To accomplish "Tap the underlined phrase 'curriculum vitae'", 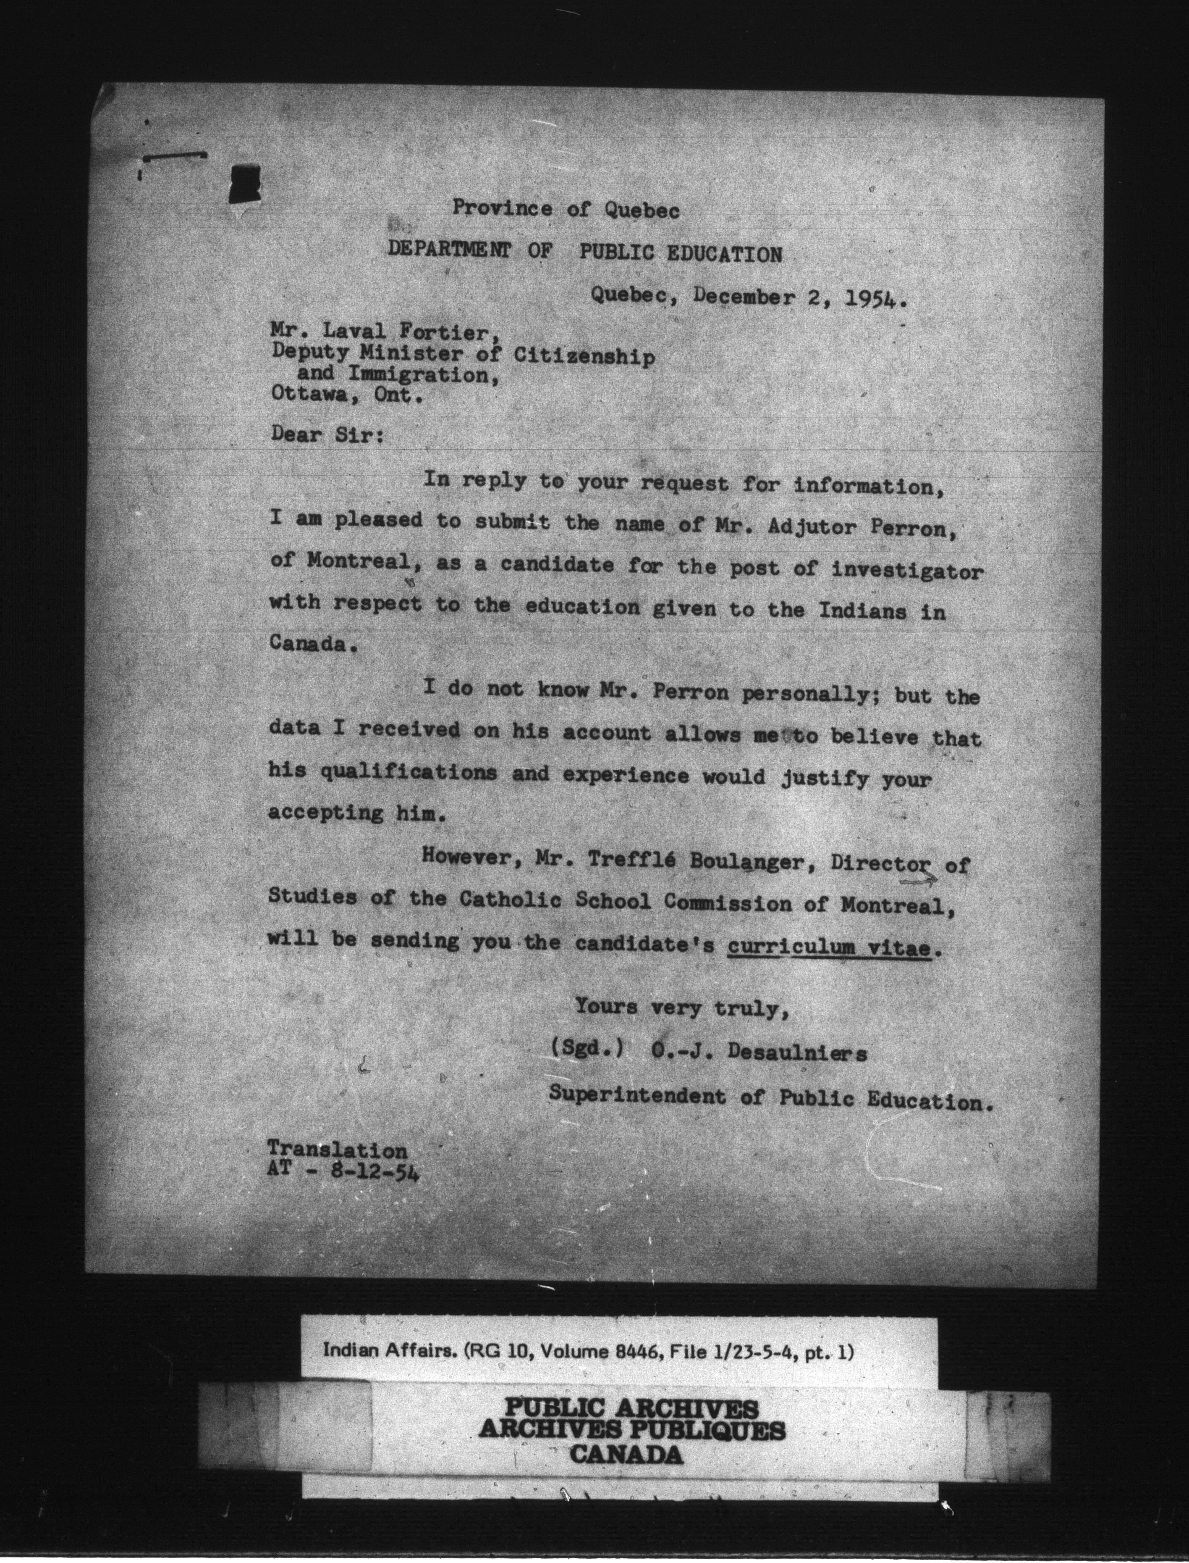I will (x=828, y=947).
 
